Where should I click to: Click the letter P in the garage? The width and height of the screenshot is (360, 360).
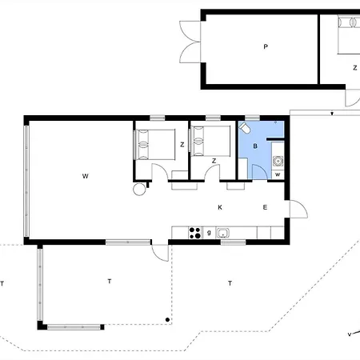pos(266,47)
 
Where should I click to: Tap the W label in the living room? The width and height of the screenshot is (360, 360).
pos(85,176)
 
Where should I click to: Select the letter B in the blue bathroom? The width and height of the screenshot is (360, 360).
pos(255,146)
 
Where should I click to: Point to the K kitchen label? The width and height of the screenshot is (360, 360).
pos(220,207)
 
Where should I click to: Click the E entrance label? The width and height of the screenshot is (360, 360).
pos(265,207)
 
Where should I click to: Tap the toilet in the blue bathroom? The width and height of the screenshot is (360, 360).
pos(244,128)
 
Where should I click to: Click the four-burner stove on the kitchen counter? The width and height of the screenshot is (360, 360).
pos(194,233)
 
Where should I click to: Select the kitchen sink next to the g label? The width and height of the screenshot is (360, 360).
pos(222,233)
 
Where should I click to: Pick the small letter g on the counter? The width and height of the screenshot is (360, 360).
pos(209,233)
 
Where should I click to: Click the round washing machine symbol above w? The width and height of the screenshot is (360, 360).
pos(278,161)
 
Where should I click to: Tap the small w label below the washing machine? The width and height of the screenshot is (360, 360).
pos(278,174)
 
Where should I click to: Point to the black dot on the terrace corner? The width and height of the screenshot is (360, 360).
pos(167,320)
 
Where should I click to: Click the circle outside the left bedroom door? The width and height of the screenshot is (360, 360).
pos(139,189)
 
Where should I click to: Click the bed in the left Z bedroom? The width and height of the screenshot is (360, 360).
pos(155,145)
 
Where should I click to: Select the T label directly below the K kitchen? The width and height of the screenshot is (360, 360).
pos(230,283)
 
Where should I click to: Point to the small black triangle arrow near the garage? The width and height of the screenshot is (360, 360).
pos(332,114)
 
